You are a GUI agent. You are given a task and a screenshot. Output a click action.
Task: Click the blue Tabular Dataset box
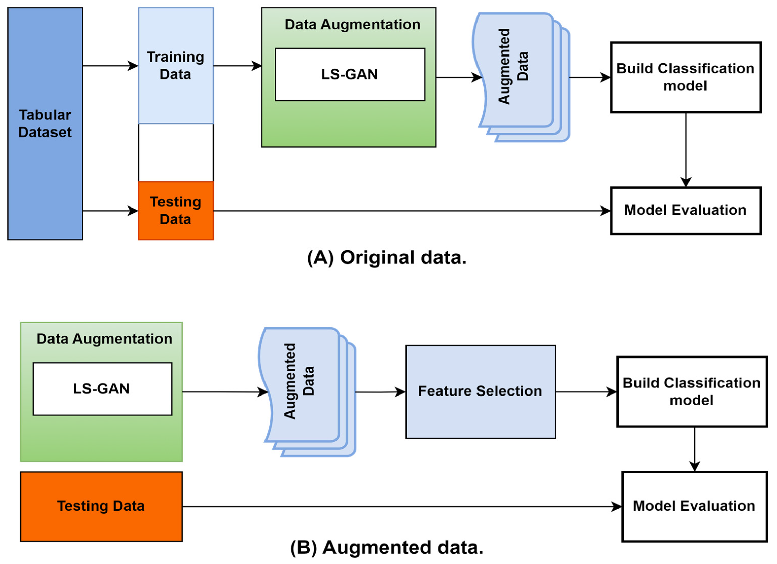45,124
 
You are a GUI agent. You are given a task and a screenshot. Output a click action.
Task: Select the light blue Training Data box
176,65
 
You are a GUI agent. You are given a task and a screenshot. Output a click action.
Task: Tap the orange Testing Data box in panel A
176,211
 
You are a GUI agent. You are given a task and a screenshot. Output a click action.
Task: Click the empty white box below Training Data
176,153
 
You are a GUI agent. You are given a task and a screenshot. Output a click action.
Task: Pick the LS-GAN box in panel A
350,74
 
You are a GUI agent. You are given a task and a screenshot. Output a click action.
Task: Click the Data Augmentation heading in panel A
352,25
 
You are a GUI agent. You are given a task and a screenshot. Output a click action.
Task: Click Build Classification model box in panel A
685,77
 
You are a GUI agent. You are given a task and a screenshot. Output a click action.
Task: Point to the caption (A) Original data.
386,257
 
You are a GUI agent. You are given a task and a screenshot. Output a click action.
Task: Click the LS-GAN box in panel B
102,389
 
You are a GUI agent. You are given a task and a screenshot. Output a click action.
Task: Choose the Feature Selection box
480,391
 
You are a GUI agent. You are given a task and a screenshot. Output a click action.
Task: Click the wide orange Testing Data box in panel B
101,506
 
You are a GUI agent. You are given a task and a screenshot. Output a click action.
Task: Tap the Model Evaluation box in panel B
694,506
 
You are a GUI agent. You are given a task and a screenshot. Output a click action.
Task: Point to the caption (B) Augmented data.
386,548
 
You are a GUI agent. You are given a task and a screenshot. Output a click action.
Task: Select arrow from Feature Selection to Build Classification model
586,392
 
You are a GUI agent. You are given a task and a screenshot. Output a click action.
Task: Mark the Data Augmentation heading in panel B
104,339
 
